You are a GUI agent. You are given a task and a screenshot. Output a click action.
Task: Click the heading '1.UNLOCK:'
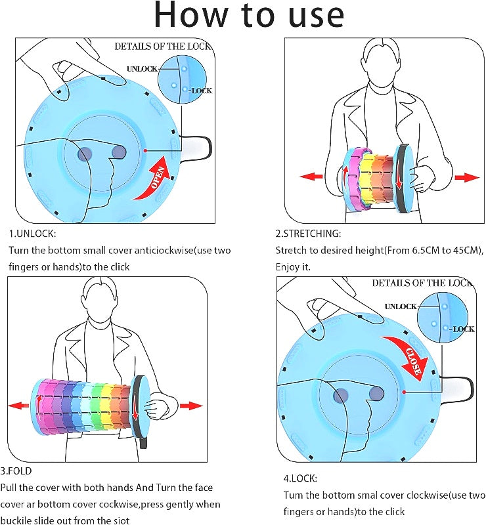(x=32, y=233)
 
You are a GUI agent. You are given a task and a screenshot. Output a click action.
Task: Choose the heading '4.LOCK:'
(x=301, y=478)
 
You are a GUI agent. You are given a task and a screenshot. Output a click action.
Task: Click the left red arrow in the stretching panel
(x=311, y=177)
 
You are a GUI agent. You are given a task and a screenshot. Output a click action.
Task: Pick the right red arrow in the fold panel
(x=191, y=406)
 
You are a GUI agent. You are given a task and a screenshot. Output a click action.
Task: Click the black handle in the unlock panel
(x=198, y=148)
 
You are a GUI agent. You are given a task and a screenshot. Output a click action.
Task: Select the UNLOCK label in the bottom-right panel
(x=400, y=306)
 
